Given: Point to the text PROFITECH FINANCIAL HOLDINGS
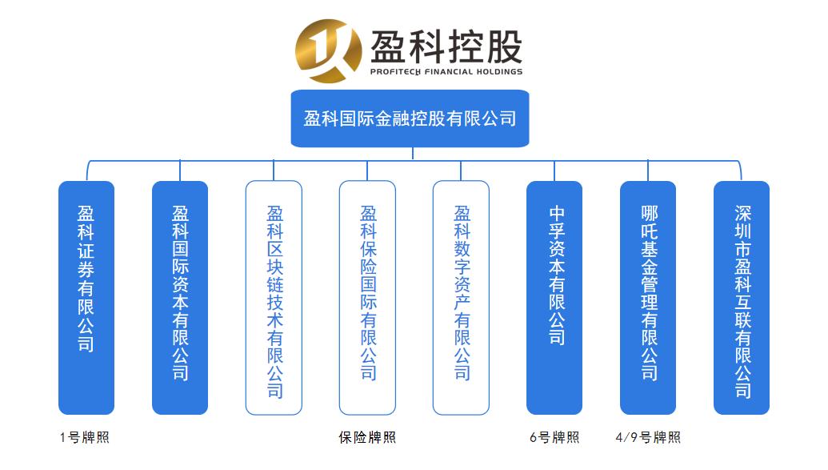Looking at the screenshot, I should [x=446, y=71].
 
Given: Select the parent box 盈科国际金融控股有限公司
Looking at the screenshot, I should [x=410, y=119].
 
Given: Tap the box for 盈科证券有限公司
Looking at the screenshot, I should [x=86, y=297].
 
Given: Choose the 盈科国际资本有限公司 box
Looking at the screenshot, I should [x=180, y=297].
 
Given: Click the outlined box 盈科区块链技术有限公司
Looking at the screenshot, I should [x=274, y=297].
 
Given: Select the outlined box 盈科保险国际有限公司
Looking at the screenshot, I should [x=367, y=297].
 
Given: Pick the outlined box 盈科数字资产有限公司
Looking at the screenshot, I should [x=461, y=297].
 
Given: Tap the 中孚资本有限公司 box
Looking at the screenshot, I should [x=554, y=297].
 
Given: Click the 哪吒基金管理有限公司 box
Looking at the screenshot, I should [x=648, y=297].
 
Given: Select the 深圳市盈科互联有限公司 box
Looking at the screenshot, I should [x=742, y=297].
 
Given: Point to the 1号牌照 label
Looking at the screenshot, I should [x=84, y=438].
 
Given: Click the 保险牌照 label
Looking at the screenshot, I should [x=367, y=438].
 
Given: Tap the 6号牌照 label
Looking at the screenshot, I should [x=554, y=438].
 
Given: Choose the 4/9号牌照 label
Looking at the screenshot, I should [x=648, y=438].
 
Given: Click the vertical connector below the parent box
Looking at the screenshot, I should [x=413, y=154].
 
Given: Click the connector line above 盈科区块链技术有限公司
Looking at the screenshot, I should [x=274, y=171].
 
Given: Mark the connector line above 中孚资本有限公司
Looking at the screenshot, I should [x=554, y=171].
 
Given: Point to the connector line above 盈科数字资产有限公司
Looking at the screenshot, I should [x=461, y=171].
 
